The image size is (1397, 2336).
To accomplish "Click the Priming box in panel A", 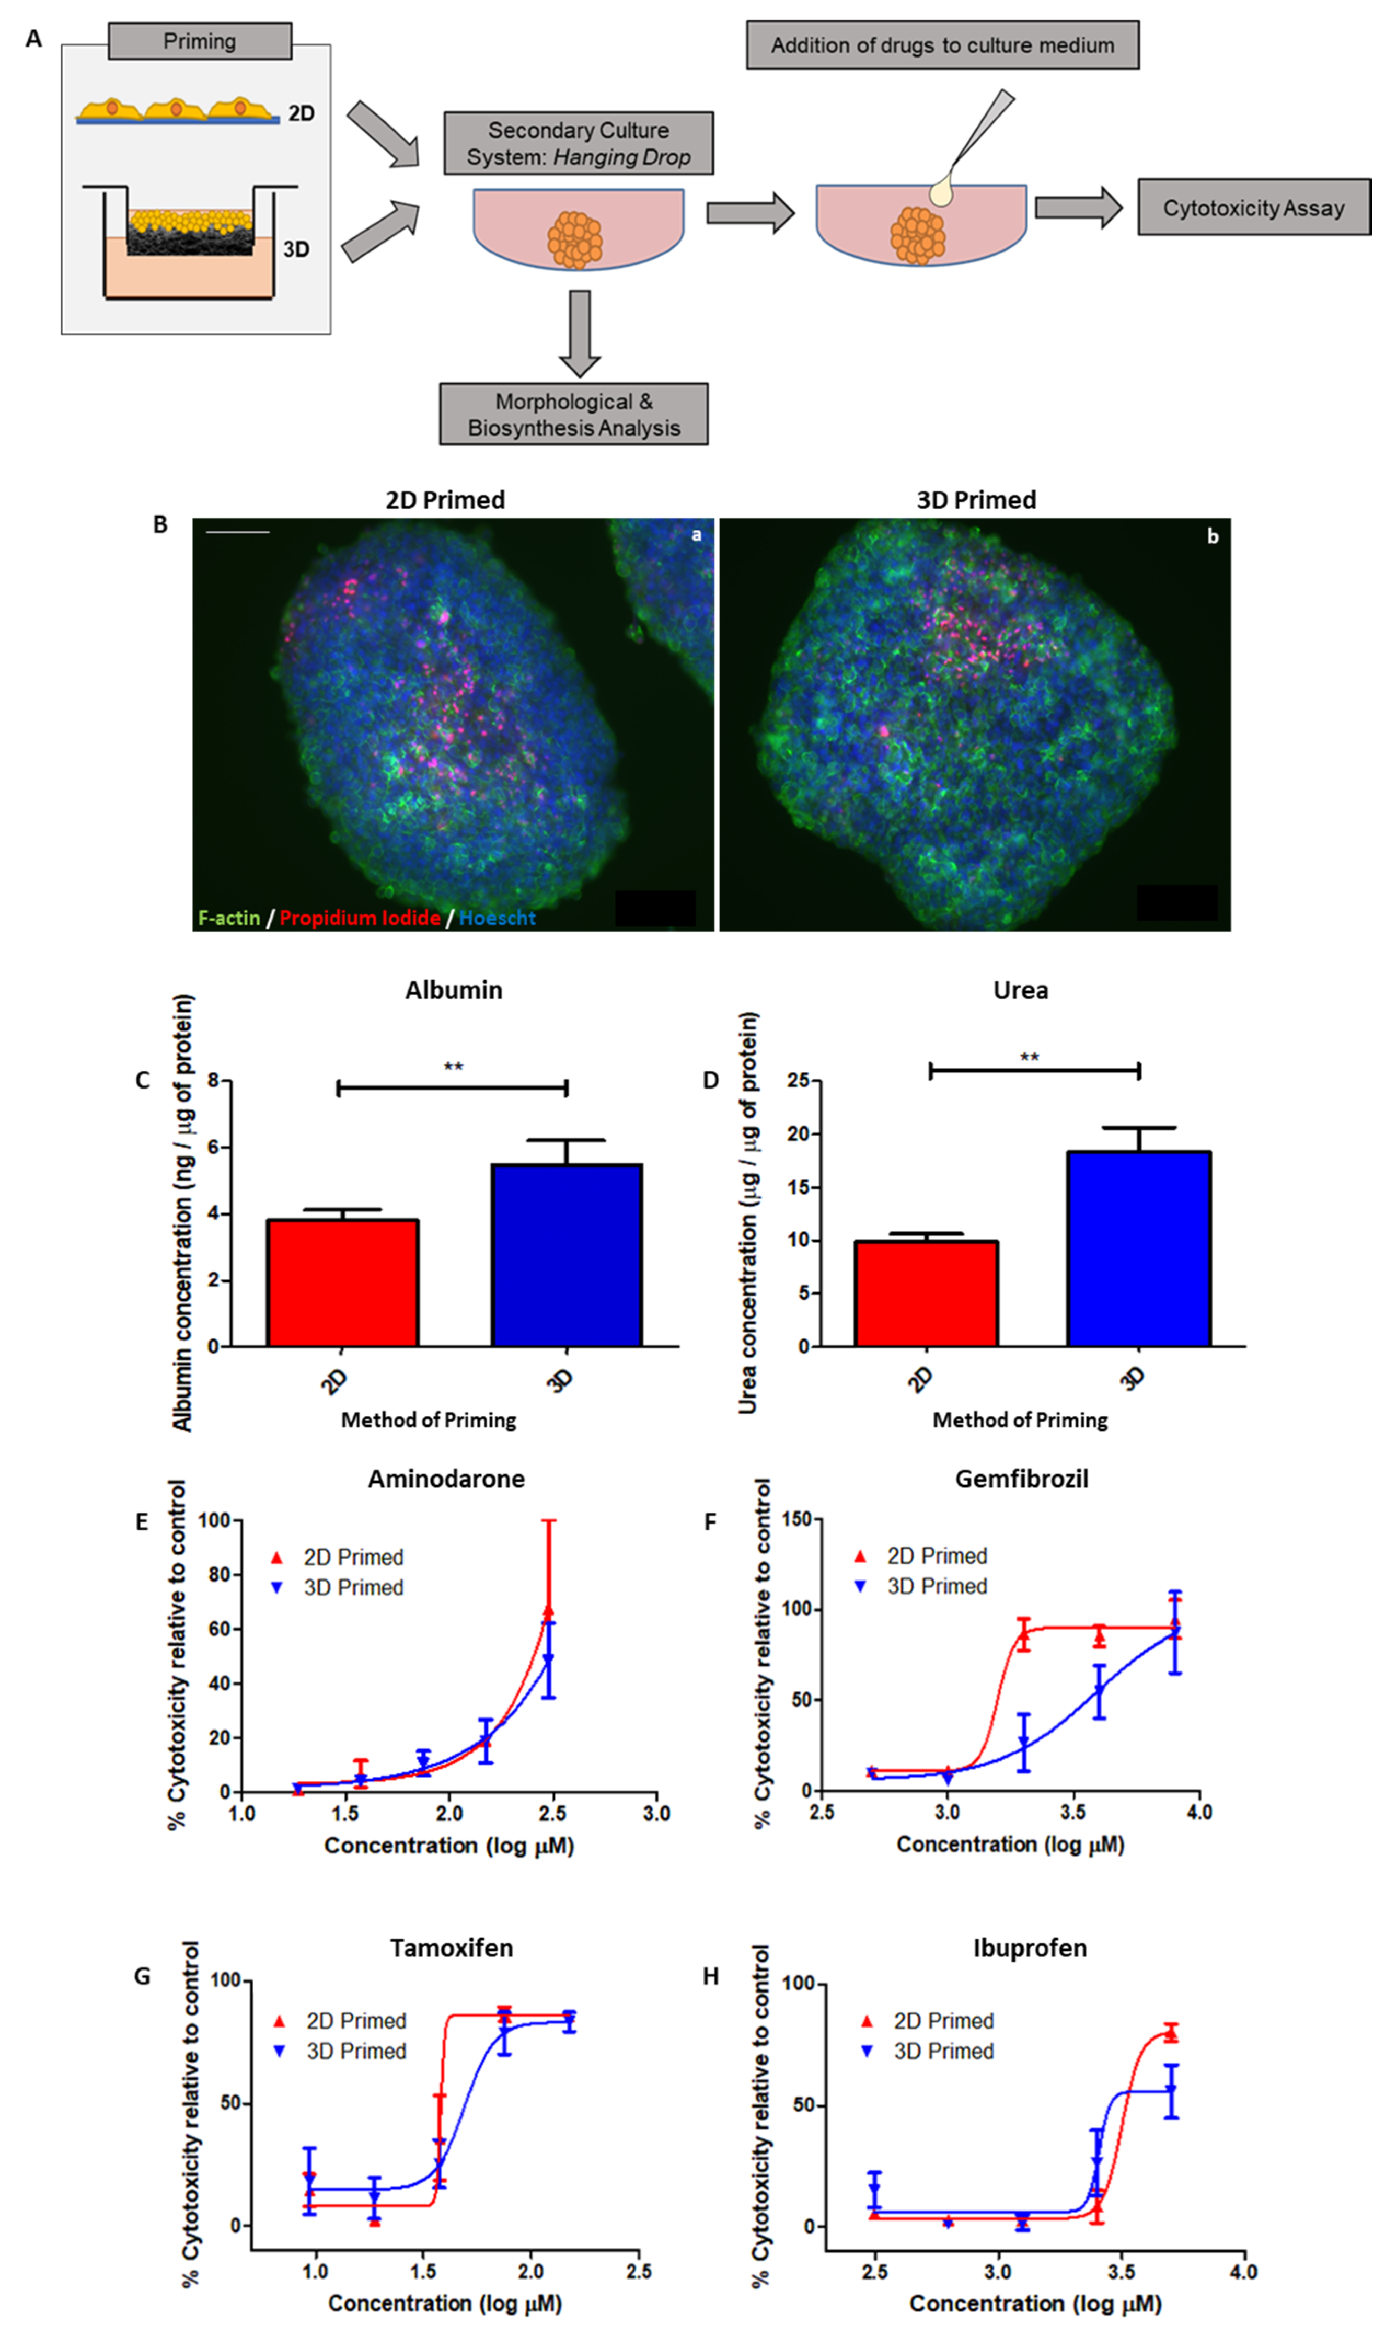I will (200, 41).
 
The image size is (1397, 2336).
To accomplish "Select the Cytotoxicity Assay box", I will (1253, 207).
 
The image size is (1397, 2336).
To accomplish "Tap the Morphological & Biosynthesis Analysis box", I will (573, 414).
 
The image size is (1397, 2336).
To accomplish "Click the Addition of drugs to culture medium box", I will (942, 45).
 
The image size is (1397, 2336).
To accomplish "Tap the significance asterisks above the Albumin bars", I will (453, 1067).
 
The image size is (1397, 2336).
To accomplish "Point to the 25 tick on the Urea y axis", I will (798, 1080).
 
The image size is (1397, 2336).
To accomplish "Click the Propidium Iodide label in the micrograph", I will (360, 918).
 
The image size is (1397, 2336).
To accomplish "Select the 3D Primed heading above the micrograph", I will (976, 500).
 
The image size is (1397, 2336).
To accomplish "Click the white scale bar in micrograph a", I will (237, 533).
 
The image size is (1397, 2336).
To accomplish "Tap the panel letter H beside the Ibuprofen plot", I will (712, 1976).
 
